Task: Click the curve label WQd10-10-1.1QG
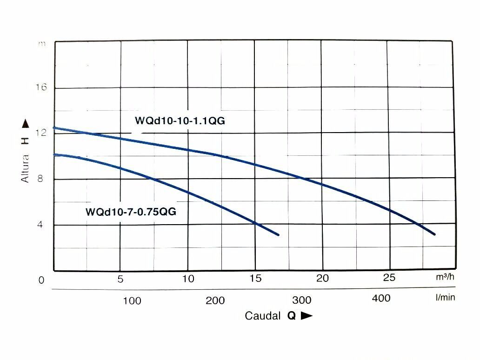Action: [x=180, y=121]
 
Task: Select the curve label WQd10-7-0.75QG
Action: [x=131, y=211]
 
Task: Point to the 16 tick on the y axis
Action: [x=41, y=88]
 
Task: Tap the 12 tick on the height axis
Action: [x=41, y=133]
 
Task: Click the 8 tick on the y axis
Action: [x=40, y=179]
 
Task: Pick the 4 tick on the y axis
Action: [x=41, y=225]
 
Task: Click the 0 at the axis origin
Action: [x=41, y=280]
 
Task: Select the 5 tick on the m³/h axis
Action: [x=120, y=279]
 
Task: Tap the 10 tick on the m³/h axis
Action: [x=188, y=279]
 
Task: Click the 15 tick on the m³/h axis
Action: [x=255, y=279]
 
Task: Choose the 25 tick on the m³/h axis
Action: [x=389, y=278]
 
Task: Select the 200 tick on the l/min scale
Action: [x=215, y=300]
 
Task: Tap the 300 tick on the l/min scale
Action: [x=302, y=300]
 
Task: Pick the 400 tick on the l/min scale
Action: [x=381, y=298]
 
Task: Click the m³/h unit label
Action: [x=445, y=277]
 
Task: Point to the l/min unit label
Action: [x=445, y=297]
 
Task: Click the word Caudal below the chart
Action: [x=263, y=316]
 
